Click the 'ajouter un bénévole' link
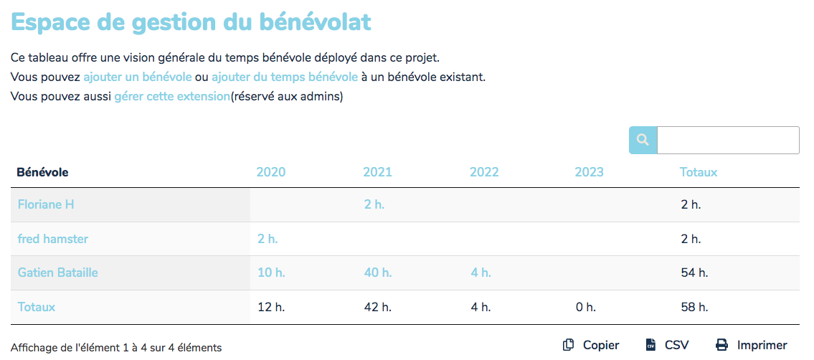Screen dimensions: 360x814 coord(137,77)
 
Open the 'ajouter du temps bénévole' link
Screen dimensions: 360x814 coord(284,77)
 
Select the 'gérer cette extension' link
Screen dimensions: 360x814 coord(171,96)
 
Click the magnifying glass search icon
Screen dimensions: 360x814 coord(643,140)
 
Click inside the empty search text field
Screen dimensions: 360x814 coord(727,140)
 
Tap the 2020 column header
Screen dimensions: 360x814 coord(270,172)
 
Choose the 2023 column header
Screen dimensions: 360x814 coord(589,172)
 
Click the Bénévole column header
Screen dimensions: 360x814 coord(42,172)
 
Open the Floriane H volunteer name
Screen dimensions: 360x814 coord(46,204)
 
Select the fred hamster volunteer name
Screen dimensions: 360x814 coord(53,239)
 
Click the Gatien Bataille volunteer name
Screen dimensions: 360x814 coord(57,273)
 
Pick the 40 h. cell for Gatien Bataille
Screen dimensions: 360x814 coord(377,273)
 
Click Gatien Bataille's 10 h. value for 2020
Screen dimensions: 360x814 coord(271,273)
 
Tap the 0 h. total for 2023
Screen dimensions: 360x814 coord(585,307)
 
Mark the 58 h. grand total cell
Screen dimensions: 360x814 coord(694,307)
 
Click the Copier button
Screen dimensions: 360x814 coord(592,345)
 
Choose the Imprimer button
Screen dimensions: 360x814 coord(752,345)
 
